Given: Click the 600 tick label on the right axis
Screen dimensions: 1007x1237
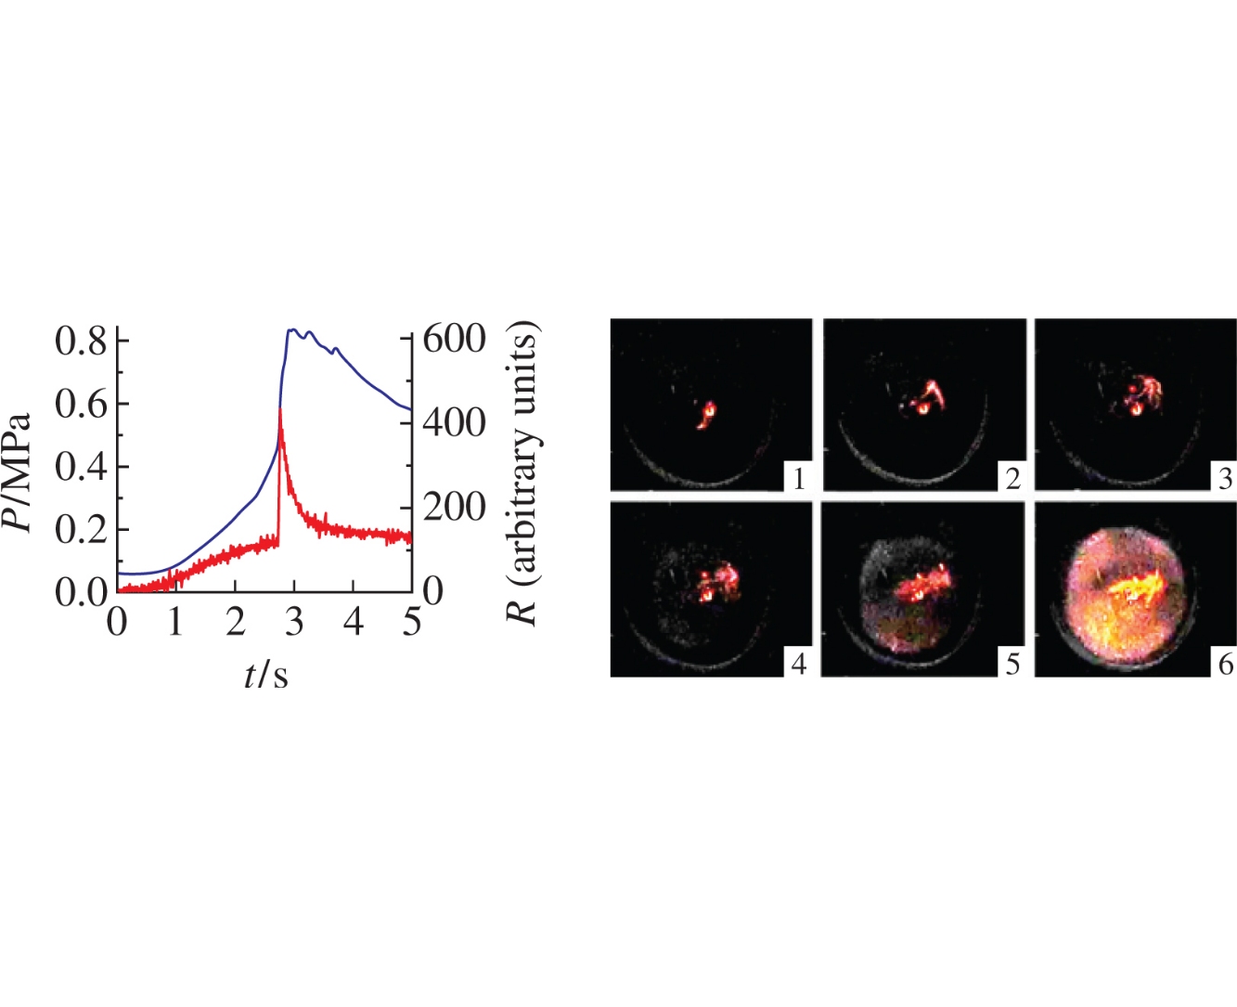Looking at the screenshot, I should (x=455, y=339).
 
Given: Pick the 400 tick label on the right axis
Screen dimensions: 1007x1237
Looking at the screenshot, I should (x=455, y=423).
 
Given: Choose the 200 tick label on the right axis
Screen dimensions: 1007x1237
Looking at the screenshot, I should (x=455, y=508).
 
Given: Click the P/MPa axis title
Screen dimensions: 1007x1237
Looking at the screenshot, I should (x=19, y=472).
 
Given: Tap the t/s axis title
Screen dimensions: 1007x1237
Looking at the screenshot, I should (x=266, y=676).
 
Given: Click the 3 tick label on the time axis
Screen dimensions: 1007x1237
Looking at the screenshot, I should (x=294, y=623).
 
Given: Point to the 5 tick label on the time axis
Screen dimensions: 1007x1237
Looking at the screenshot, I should (x=412, y=623).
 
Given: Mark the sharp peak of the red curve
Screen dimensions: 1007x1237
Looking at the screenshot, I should (x=280, y=409).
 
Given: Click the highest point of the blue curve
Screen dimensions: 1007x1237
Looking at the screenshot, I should (x=291, y=329).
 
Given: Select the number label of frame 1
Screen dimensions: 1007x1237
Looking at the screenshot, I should (x=798, y=479).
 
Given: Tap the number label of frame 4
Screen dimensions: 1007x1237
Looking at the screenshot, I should (x=798, y=664).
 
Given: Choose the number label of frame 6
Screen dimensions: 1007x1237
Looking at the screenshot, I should (x=1225, y=664).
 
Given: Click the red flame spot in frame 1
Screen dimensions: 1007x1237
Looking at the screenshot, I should (x=708, y=413).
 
